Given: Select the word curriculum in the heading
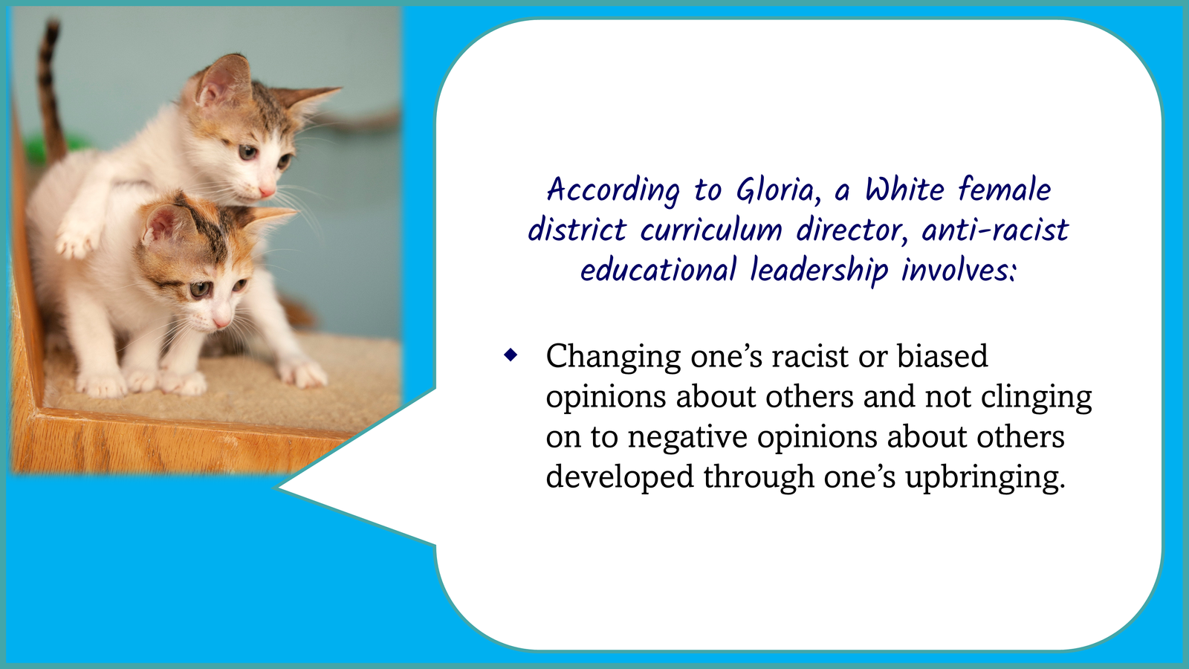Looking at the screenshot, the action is (x=711, y=230).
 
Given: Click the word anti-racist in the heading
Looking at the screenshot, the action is (x=995, y=230).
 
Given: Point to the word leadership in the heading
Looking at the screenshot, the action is (x=819, y=271).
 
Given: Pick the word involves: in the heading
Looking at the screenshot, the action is (x=959, y=270).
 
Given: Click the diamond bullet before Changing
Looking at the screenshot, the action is (x=511, y=355).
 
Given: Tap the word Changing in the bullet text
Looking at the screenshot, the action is (x=613, y=358).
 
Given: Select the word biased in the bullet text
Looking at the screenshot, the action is (x=942, y=356).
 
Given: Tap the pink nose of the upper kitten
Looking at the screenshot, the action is (x=267, y=190).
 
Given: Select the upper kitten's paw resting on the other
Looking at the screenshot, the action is (x=74, y=238).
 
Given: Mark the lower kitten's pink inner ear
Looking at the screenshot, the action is (x=163, y=224).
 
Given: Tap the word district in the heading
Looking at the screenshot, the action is (x=577, y=230).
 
